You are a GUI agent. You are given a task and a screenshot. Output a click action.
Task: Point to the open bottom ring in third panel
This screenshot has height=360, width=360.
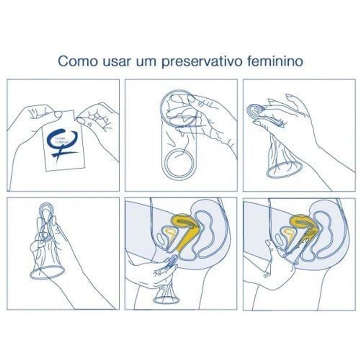pyautogui.click(x=284, y=170)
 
